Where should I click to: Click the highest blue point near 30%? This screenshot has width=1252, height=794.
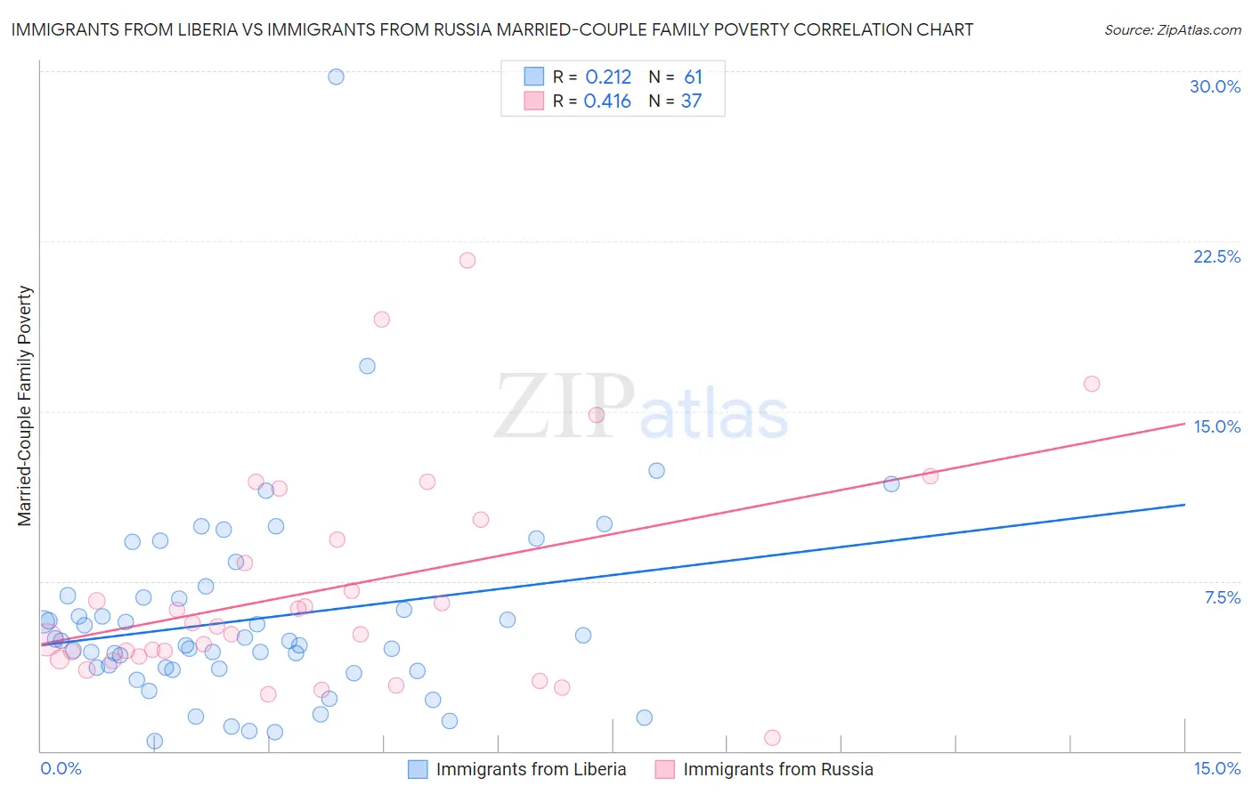tap(336, 77)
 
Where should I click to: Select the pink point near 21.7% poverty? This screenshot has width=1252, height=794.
tap(467, 261)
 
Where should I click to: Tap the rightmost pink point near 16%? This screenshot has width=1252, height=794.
tap(1092, 384)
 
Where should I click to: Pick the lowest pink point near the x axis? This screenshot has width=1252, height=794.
tap(772, 738)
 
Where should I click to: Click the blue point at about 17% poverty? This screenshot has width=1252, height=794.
tap(367, 366)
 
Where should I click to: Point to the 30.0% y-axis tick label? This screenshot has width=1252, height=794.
tap(1215, 86)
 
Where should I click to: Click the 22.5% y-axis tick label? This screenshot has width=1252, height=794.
tap(1216, 256)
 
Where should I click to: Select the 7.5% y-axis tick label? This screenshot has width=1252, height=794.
tap(1222, 597)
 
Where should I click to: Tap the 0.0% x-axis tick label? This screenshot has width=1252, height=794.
tap(61, 769)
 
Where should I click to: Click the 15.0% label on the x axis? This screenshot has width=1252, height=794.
tap(1216, 769)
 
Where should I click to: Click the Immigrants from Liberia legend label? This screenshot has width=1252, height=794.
tap(531, 769)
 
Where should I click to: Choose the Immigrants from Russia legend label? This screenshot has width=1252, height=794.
tap(777, 769)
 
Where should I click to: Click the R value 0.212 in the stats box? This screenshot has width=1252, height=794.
tap(608, 77)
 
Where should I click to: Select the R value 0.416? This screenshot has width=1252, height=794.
tap(607, 101)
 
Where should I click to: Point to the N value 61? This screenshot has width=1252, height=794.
tap(693, 77)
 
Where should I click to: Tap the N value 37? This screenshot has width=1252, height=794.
tap(691, 101)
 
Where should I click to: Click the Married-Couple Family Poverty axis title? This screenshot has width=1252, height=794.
tap(25, 406)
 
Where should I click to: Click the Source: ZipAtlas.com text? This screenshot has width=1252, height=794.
tap(1172, 30)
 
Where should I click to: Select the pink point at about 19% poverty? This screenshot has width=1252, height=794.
tap(382, 320)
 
